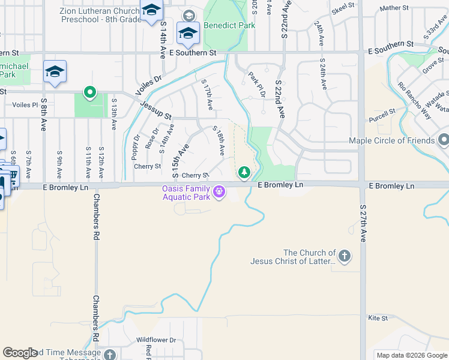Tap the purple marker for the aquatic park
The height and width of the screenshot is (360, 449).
[x=219, y=192]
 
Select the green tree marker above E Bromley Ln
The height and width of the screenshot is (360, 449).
[x=244, y=173]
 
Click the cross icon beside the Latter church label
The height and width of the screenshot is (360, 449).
[x=344, y=257]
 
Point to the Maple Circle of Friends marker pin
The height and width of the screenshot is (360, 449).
[x=444, y=140]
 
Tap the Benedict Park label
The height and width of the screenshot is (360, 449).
[x=229, y=26]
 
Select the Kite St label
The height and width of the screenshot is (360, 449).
[x=378, y=318]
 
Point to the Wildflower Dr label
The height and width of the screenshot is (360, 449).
[x=155, y=340]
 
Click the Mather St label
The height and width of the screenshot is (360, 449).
[x=394, y=8]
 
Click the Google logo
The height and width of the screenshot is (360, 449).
[x=20, y=353]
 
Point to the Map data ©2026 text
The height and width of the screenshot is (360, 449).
[x=411, y=355]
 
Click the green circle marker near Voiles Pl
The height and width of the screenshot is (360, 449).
[x=90, y=92]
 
